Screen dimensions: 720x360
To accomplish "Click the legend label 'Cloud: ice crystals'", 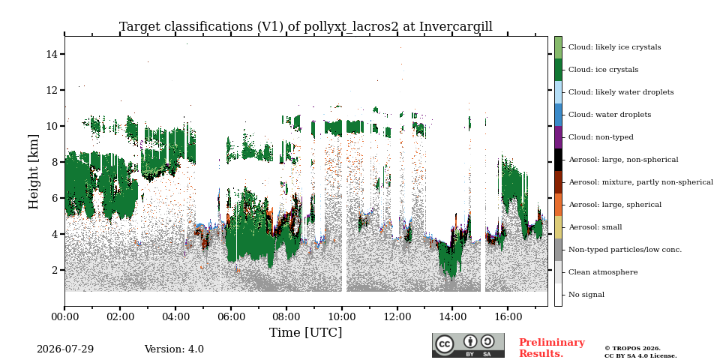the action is (x=603, y=70).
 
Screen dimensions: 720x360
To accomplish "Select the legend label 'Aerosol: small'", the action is (x=595, y=227).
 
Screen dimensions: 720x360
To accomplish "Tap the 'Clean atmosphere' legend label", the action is (x=603, y=272).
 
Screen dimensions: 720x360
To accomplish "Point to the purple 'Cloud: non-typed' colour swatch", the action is (x=558, y=137).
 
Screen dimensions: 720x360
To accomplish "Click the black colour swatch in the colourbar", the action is (x=558, y=160).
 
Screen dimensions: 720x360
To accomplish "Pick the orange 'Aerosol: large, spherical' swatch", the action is (x=558, y=205).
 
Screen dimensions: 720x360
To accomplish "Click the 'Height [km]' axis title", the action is (x=34, y=172).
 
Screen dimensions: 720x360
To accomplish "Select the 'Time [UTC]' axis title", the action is (x=306, y=332).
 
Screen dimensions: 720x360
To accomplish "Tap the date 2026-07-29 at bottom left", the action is (x=65, y=349).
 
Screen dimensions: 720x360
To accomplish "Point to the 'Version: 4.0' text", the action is (x=174, y=349).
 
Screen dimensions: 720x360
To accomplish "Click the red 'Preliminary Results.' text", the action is (x=552, y=348).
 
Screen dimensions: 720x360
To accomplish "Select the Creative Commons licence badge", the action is (x=468, y=345).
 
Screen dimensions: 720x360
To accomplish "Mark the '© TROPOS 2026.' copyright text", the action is (x=632, y=349).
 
